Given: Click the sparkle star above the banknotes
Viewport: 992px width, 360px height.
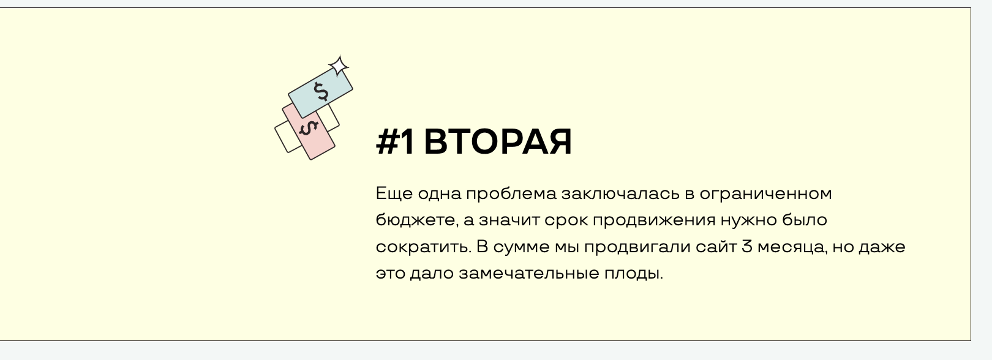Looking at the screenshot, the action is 339,66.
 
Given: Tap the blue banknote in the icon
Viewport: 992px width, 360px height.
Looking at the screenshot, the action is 321,92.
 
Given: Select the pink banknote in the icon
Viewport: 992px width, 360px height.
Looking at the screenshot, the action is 309,132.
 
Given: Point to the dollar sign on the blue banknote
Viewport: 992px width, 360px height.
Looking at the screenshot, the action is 321,92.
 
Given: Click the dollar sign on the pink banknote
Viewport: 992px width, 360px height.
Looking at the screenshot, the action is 309,129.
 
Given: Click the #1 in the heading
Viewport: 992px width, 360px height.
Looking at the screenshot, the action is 395,142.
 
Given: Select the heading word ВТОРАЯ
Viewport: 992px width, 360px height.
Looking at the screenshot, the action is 498,142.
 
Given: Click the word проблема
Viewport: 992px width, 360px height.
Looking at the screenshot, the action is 511,193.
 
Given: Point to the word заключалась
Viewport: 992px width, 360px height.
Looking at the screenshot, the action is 620,193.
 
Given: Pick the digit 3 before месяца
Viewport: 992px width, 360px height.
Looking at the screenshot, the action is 747,246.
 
